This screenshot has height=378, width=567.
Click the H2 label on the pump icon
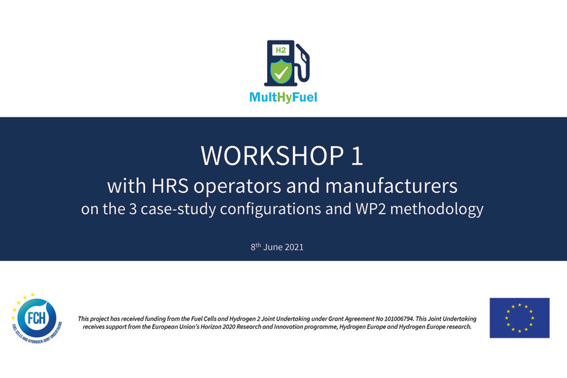coord(280,50)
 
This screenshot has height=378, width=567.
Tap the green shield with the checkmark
coord(282,72)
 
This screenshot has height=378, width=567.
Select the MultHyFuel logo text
coord(283,97)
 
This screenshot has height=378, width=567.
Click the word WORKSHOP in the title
coord(272,156)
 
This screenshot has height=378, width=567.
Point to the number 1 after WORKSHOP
coord(357,156)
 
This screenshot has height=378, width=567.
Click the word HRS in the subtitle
coord(170,186)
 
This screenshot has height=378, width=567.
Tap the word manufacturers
coord(391,186)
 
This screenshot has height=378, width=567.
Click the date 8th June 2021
coord(277,247)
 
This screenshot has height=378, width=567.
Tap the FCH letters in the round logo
coord(37,318)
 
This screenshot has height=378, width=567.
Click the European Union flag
coord(519,318)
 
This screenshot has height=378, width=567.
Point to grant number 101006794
coord(399,319)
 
